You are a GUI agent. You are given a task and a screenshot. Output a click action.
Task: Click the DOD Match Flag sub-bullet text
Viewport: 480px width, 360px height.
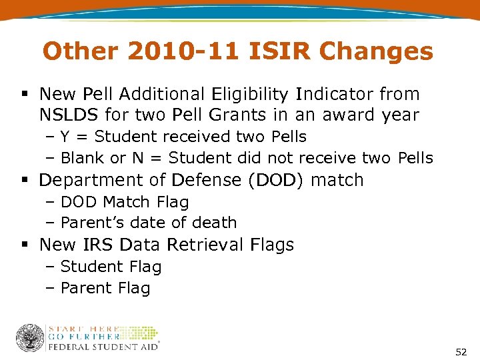point(125,202)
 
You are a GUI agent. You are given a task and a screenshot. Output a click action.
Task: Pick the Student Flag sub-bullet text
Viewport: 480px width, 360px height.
point(111,267)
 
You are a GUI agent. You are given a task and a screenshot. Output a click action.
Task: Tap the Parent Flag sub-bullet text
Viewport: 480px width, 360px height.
point(105,288)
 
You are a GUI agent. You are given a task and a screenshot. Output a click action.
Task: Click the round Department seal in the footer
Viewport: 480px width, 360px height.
point(29,337)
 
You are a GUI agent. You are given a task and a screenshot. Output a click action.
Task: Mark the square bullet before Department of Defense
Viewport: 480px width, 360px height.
point(25,181)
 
